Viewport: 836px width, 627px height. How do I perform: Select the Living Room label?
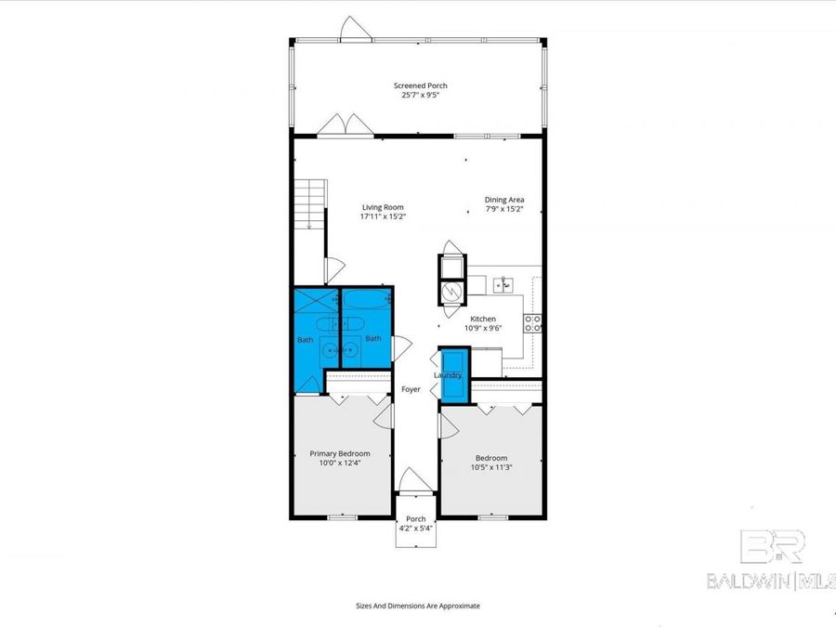pos(383,207)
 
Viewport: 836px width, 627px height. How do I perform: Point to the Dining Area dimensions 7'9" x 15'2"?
pos(504,209)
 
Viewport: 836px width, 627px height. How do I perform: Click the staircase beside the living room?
pos(310,204)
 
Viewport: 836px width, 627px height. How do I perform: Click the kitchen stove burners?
pos(534,322)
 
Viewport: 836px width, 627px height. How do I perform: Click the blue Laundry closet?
pos(453,375)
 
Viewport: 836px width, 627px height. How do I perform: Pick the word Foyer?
pos(411,389)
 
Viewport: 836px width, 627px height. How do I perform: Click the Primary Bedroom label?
pos(339,453)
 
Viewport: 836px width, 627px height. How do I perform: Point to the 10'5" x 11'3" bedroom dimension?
pos(491,467)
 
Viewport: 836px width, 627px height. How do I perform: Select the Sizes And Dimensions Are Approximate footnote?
pos(418,606)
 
